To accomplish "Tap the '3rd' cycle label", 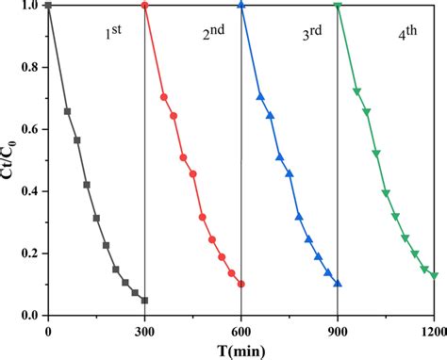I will [x=311, y=36].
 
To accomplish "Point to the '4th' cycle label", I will [x=407, y=36].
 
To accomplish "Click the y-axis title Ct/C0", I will [x=10, y=159].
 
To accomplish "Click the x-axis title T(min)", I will [x=241, y=349].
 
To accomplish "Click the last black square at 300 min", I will [x=144, y=301].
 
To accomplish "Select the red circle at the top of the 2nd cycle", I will [x=144, y=6].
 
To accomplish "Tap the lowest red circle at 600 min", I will [x=241, y=284].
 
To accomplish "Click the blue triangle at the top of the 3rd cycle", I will [x=241, y=6].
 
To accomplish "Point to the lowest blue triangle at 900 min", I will [x=338, y=283].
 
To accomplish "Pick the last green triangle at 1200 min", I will [x=434, y=275].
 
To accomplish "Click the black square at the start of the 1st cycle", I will [x=48, y=6].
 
